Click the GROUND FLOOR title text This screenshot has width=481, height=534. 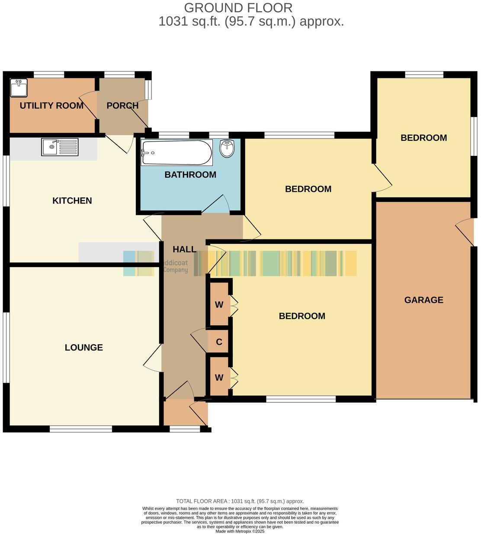[238, 8]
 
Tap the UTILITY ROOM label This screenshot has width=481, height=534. [51, 106]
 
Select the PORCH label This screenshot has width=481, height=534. [122, 106]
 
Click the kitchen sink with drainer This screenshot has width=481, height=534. [60, 147]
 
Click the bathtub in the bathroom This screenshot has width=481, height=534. [176, 152]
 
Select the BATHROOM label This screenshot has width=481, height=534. [190, 175]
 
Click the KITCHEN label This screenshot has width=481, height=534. [72, 201]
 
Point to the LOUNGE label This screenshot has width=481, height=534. [84, 347]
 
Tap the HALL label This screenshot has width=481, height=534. [184, 249]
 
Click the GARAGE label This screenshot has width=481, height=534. [423, 300]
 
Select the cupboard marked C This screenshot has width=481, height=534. [219, 342]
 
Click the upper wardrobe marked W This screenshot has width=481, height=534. [219, 305]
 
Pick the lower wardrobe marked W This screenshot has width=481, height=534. [219, 378]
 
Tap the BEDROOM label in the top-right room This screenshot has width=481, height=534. [423, 138]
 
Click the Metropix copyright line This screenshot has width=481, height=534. [240, 531]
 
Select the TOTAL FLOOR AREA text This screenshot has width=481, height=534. [240, 501]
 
